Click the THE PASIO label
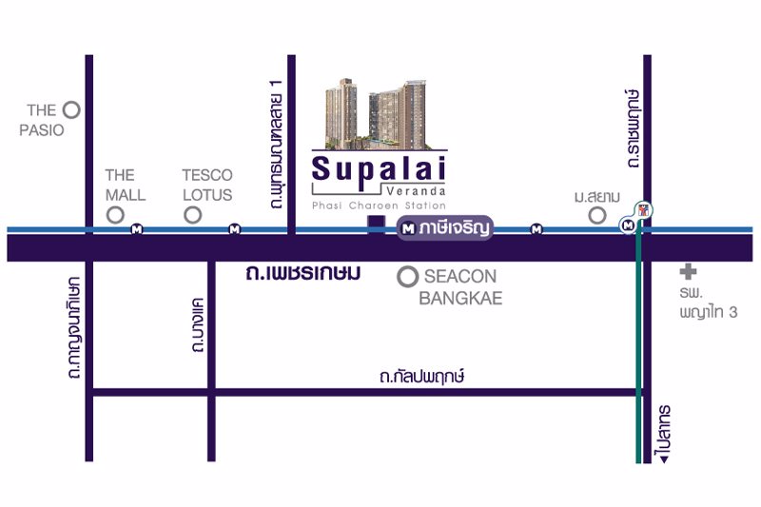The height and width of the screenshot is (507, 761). click(x=41, y=120)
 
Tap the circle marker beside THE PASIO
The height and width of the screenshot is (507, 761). click(x=70, y=110)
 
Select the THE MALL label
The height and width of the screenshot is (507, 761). click(x=125, y=185)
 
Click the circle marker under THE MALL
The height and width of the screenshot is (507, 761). click(x=116, y=215)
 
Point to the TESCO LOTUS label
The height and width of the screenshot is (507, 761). click(x=206, y=185)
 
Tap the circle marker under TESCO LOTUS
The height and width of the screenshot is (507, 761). click(x=193, y=215)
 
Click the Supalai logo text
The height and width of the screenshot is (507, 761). click(x=379, y=171)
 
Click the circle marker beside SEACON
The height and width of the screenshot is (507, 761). click(x=408, y=277)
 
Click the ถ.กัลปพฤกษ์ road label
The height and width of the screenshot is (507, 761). click(x=420, y=378)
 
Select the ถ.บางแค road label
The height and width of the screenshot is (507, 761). click(x=198, y=326)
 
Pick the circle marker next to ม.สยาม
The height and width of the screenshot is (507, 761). click(x=597, y=215)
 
